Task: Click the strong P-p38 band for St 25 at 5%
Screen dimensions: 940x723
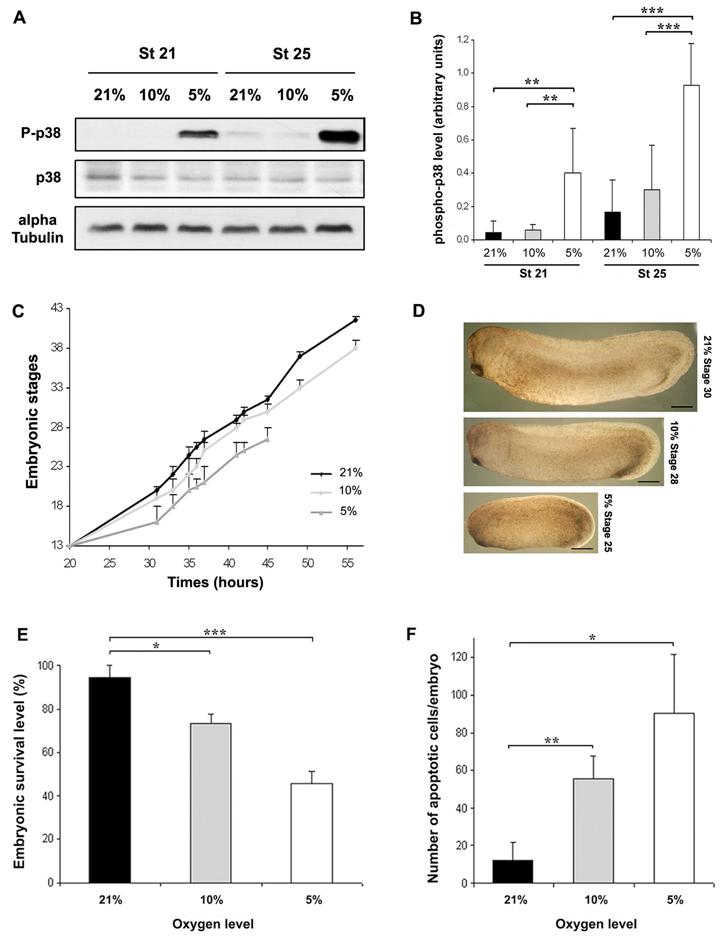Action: coord(339,137)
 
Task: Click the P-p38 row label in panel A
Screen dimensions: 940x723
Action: coord(41,133)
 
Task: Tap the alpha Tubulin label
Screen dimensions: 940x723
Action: coord(38,229)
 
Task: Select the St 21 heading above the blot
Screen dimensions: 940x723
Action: coord(157,54)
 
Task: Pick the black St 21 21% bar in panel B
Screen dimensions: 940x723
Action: coord(493,236)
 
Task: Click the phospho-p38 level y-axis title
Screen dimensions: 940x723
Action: coord(439,141)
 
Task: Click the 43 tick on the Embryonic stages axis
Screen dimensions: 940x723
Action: coord(57,308)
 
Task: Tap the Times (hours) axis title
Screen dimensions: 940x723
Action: coord(215,582)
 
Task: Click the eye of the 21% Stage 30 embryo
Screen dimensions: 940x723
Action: coord(477,369)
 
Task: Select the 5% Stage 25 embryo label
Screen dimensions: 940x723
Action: coord(608,522)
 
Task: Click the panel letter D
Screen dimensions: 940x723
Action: coord(418,311)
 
